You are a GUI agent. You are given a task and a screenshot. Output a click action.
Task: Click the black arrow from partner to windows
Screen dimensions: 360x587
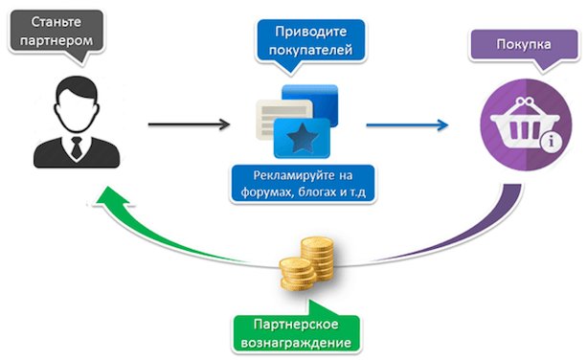pos(190,124)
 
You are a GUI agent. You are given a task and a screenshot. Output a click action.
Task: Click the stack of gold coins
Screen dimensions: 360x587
pos(307,265)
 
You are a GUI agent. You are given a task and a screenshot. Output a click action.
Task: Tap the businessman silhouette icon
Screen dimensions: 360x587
pos(73,120)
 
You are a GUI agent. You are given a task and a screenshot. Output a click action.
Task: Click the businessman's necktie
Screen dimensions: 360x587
pos(75,146)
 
